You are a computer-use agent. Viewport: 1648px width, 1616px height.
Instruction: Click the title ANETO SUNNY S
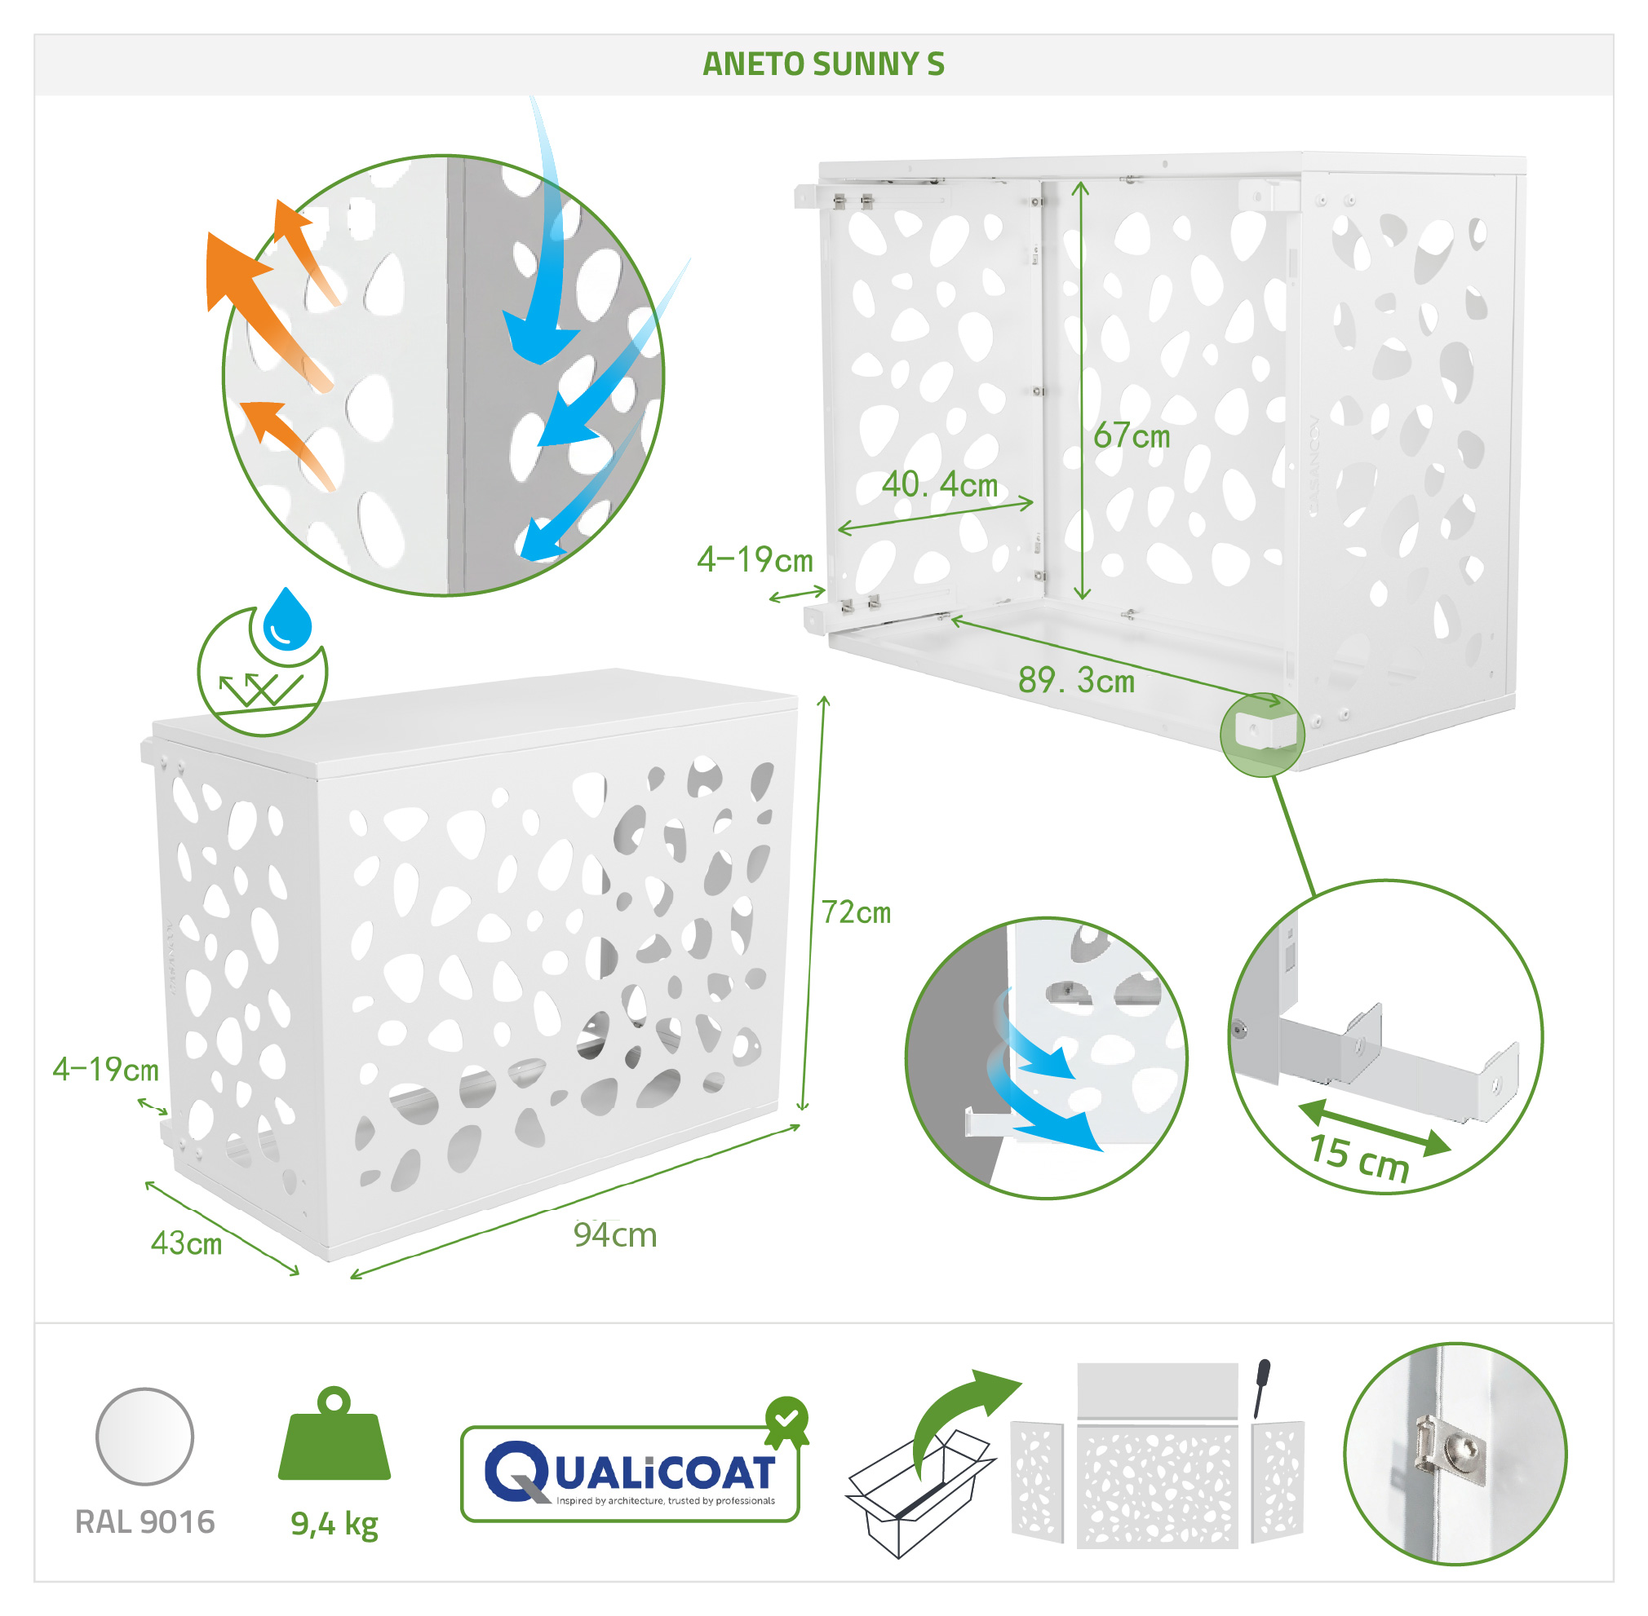(822, 64)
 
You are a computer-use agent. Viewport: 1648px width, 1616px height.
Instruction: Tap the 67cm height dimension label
(1131, 435)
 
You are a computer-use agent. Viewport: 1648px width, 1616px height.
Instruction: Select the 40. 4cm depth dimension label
(939, 484)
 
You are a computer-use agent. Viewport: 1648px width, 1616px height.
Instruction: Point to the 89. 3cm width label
(1076, 680)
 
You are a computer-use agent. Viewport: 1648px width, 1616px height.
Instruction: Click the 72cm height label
(856, 912)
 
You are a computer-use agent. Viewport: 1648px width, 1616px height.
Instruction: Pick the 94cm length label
(614, 1235)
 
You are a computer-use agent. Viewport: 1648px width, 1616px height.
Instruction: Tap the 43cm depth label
(186, 1243)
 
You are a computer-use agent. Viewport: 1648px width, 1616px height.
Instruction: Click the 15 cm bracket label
(1358, 1157)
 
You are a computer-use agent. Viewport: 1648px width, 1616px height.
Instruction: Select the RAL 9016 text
(145, 1521)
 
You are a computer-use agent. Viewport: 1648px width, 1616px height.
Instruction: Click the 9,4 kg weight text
(334, 1525)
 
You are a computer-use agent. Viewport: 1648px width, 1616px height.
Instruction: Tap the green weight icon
(334, 1434)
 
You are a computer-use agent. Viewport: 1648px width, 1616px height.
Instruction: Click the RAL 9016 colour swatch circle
(145, 1436)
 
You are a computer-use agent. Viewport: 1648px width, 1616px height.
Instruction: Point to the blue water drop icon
(288, 619)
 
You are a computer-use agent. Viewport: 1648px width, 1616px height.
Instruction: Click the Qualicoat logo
(630, 1473)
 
